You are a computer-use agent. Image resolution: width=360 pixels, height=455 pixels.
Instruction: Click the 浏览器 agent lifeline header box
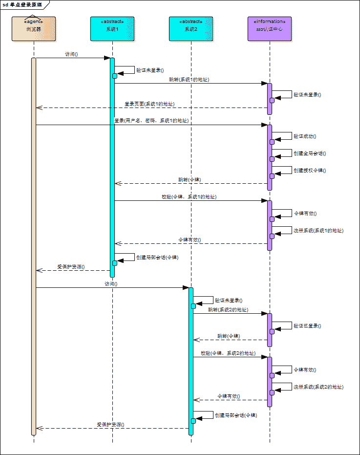[34, 29]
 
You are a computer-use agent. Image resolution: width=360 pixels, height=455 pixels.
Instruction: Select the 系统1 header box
[112, 29]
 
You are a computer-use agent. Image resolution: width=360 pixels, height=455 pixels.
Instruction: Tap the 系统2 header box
[191, 29]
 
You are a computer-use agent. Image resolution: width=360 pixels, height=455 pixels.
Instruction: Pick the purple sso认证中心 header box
[270, 29]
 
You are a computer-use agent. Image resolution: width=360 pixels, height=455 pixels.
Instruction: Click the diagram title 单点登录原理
[26, 4]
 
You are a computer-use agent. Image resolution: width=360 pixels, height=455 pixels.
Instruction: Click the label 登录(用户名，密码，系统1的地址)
[151, 120]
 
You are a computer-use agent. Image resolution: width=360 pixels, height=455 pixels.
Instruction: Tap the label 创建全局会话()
[310, 153]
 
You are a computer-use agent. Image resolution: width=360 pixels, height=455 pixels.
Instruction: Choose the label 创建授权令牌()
[310, 171]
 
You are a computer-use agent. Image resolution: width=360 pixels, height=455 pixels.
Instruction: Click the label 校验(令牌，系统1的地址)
[189, 196]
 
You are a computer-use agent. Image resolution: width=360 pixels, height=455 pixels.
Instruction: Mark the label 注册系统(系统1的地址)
[318, 230]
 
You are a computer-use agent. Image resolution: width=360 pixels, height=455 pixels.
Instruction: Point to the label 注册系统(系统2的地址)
[318, 387]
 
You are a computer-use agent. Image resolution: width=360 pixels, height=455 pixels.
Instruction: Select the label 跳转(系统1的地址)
[189, 79]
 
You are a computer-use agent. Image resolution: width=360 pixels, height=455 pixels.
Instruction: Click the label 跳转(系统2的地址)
[228, 310]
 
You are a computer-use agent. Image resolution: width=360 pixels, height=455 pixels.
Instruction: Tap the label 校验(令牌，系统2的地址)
[228, 353]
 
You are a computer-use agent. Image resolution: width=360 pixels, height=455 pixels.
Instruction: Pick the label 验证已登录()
[307, 325]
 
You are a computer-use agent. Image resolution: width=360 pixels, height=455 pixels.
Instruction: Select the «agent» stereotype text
[34, 22]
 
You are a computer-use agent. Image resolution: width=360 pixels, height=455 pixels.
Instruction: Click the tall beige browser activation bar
[34, 244]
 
